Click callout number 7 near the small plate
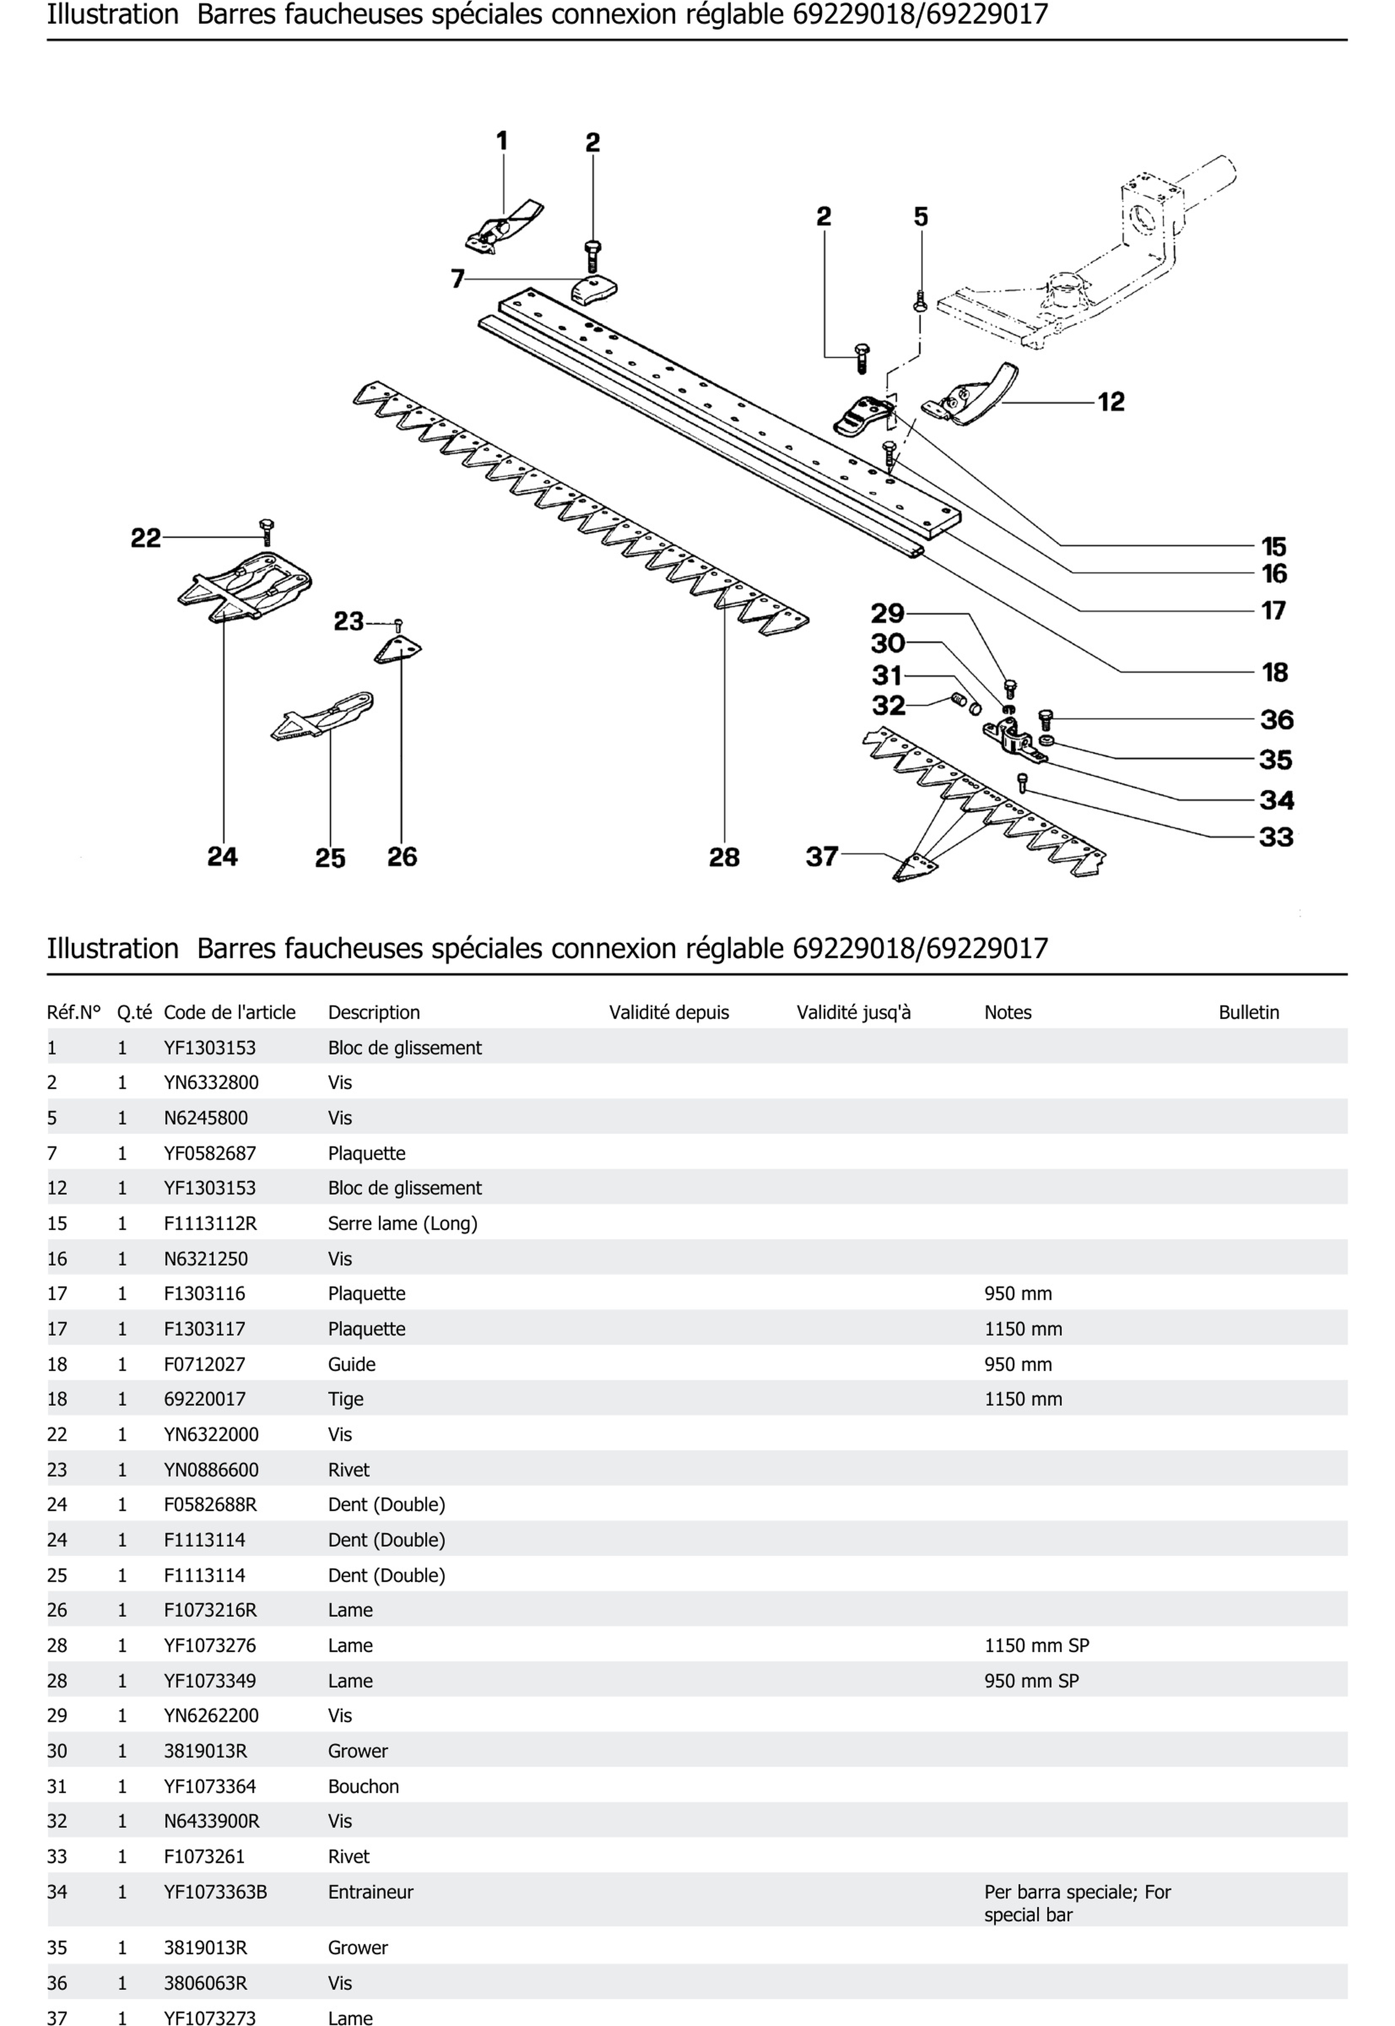tap(457, 279)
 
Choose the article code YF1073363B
tap(215, 1891)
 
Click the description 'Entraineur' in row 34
tap(370, 1891)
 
